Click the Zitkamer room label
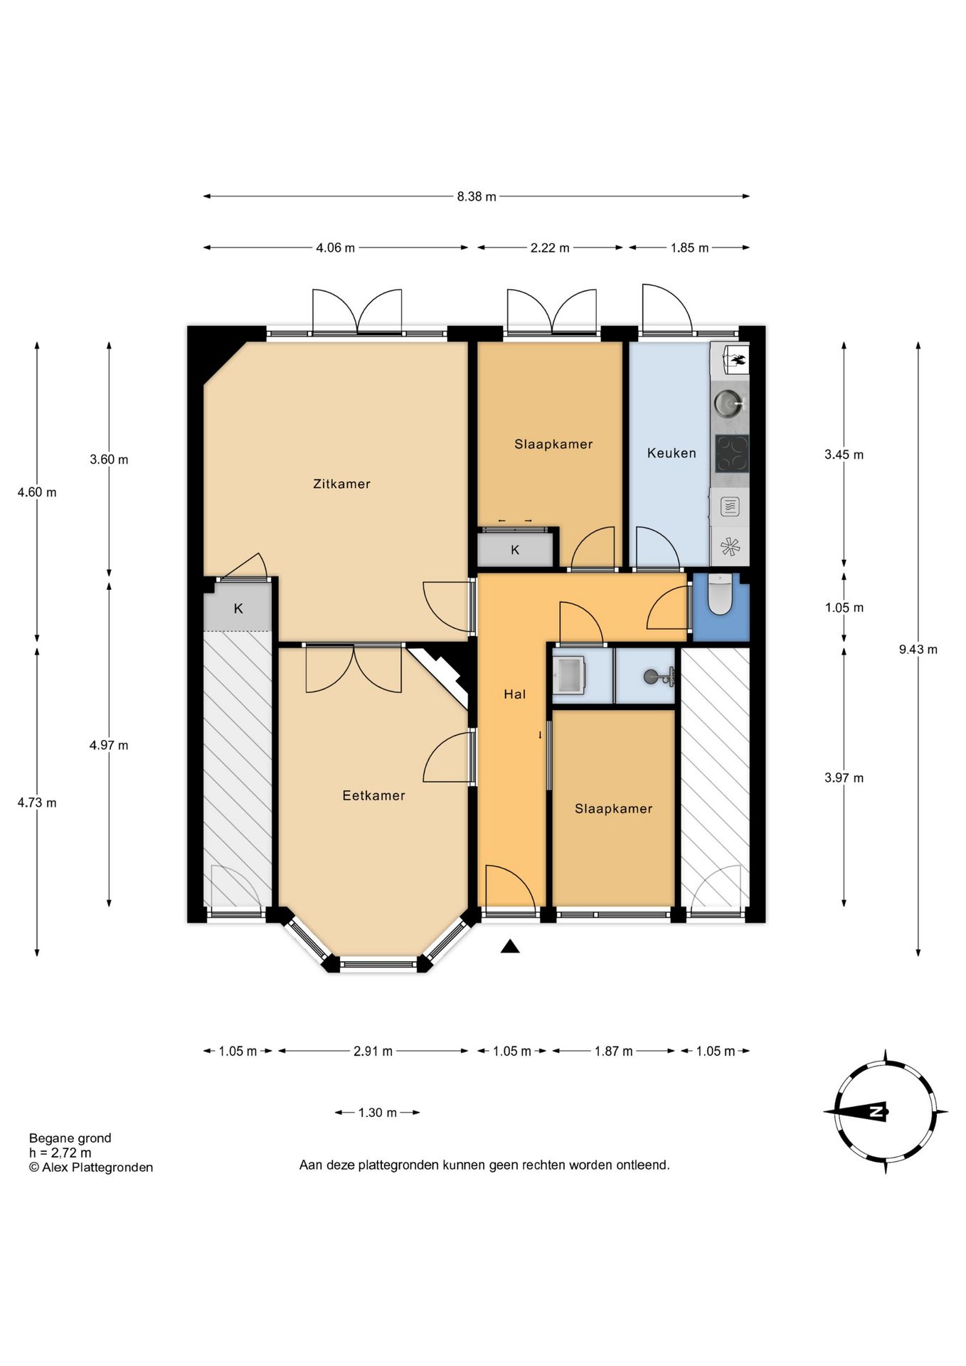(x=341, y=484)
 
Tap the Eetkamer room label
(x=373, y=795)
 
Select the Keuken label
(x=672, y=452)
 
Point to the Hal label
(x=514, y=694)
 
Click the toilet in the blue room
(x=720, y=593)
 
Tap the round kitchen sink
(x=728, y=403)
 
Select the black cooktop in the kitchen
(x=732, y=454)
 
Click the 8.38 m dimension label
(x=477, y=196)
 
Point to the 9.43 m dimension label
(x=918, y=649)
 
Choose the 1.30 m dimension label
(x=377, y=1113)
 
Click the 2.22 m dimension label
(x=550, y=248)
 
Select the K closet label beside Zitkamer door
(x=238, y=608)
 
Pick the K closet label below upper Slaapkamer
(x=515, y=550)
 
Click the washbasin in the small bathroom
(x=568, y=674)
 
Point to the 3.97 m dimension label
(x=844, y=778)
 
